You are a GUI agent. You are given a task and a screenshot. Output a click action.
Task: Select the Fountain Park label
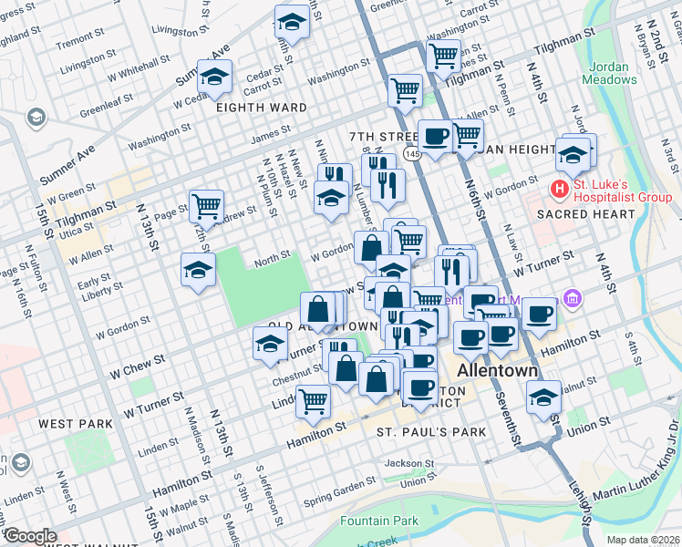coord(378,521)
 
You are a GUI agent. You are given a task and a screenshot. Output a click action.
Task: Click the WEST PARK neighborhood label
coord(76,424)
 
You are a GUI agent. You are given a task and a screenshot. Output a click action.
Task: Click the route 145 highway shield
coord(413,155)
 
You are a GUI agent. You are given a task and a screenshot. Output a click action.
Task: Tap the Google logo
coord(31,536)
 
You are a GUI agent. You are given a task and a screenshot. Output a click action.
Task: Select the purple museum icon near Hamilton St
coord(572,298)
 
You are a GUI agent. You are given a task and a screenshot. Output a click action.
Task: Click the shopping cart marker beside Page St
coord(207,206)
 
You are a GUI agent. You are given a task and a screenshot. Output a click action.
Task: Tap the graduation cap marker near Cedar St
coord(216,77)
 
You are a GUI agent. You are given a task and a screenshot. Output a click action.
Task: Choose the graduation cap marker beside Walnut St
coord(543,397)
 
